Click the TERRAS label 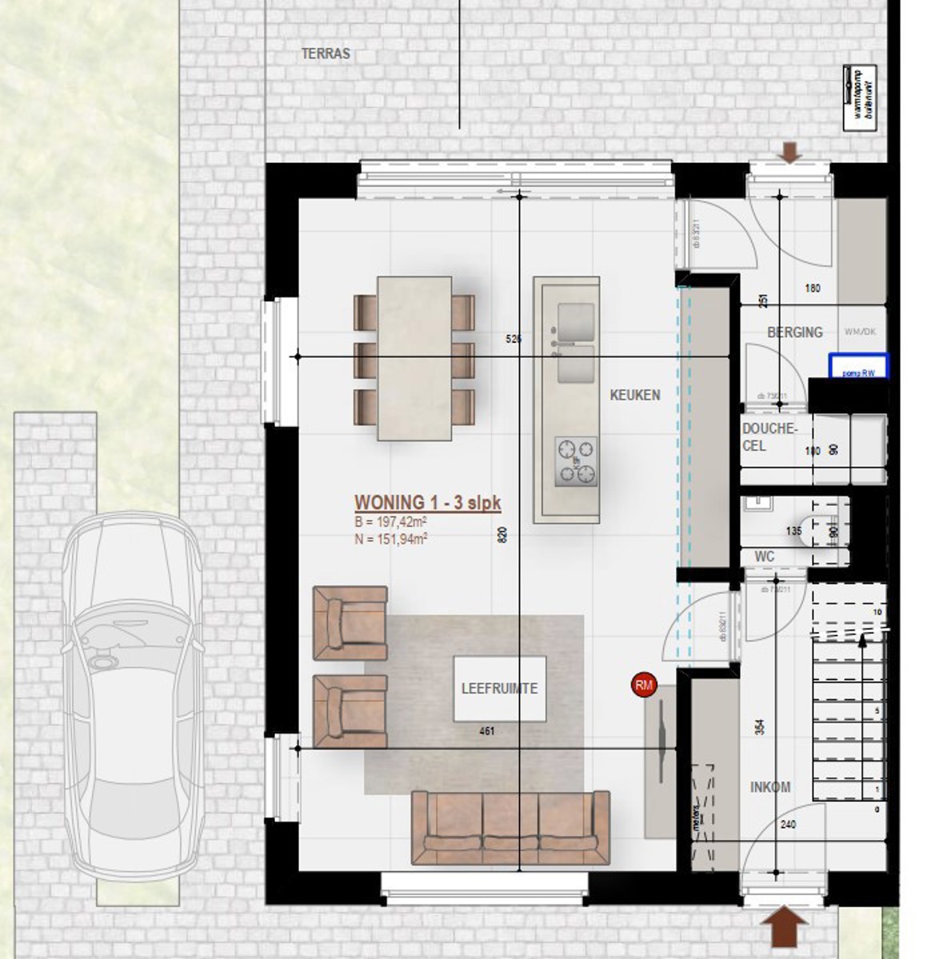click(326, 54)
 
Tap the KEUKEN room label click(635, 395)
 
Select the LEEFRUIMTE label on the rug click(499, 688)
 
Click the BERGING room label click(794, 332)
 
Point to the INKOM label click(769, 787)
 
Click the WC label click(764, 556)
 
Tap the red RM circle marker click(643, 685)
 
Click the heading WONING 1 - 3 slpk click(428, 503)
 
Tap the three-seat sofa click(510, 827)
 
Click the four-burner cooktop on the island click(576, 462)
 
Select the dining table click(414, 358)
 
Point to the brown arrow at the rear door click(790, 153)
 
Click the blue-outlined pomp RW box click(858, 365)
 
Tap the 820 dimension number click(502, 535)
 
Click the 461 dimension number click(486, 731)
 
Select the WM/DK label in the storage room click(861, 332)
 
